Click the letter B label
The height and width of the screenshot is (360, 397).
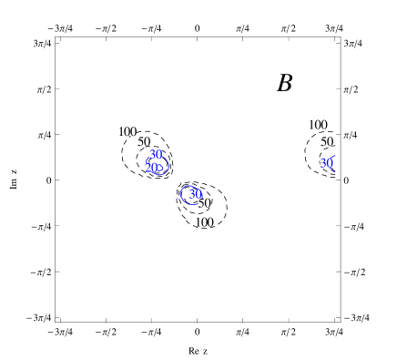tap(285, 82)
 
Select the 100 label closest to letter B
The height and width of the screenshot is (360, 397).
tap(318, 125)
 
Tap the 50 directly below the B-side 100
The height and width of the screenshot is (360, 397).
tap(326, 141)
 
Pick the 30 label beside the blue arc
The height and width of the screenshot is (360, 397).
tap(326, 163)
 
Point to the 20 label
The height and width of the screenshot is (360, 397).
tap(151, 167)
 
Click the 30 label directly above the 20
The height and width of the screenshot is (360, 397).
tap(156, 154)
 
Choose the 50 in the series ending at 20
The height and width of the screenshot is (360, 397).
tap(144, 141)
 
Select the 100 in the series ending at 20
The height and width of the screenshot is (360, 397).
tap(127, 132)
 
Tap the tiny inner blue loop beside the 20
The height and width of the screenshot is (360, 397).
tap(160, 167)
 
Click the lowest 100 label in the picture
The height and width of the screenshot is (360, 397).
tap(204, 222)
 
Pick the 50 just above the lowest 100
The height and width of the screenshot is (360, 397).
tap(204, 203)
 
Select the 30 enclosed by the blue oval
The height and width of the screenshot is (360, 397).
tap(195, 194)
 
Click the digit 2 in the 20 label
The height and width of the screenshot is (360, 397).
tap(148, 167)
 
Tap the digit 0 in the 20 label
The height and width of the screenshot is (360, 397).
tap(154, 167)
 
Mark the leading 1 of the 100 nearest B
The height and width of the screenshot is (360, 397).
tap(310, 125)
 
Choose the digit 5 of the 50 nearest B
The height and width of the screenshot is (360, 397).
tap(323, 141)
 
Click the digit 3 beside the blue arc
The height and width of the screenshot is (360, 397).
tap(323, 163)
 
